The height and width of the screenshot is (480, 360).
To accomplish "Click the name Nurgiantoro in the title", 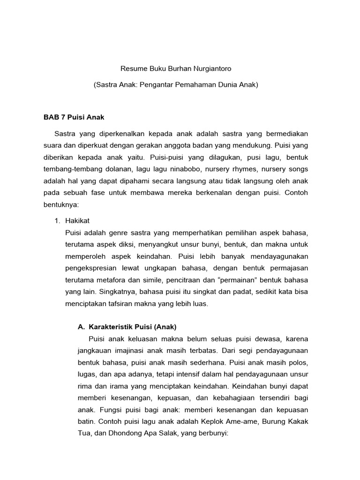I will pyautogui.click(x=210, y=68).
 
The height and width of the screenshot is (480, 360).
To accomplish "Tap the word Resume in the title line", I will pyautogui.click(x=134, y=68).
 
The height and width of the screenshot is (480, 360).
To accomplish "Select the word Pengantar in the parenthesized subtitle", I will pyautogui.click(x=158, y=85).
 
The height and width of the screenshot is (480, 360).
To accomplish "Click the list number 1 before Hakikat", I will pyautogui.click(x=58, y=221).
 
